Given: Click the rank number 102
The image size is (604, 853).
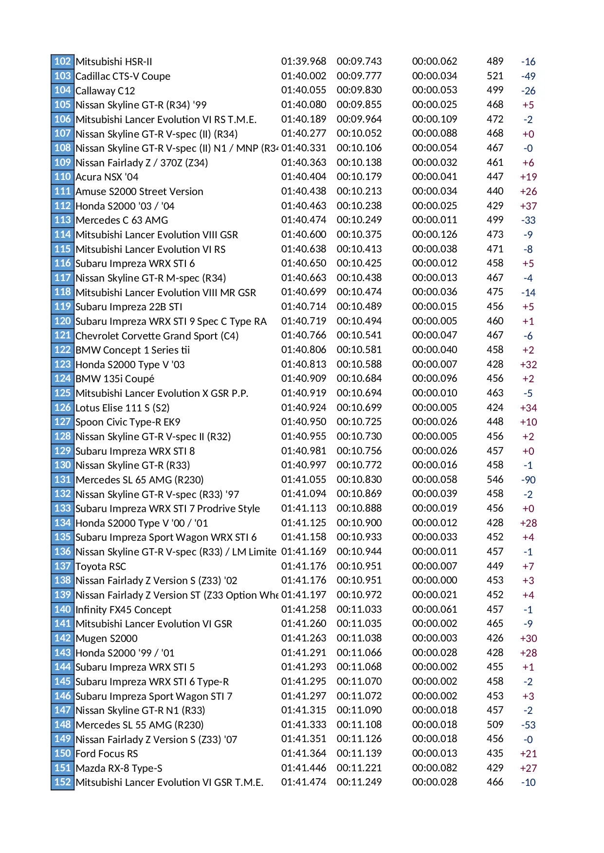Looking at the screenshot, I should coord(62,61).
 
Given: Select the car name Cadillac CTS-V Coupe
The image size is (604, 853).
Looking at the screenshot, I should coord(123,76).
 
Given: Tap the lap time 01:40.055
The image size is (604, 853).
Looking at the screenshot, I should coord(303,90).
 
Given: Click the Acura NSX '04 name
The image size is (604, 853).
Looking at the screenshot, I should coord(107,177).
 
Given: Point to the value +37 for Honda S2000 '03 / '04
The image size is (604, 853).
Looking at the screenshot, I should coord(528,206).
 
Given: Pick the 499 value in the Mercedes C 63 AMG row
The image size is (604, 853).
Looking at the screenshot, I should coord(494,220).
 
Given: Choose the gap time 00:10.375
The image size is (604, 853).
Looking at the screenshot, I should coord(359,234).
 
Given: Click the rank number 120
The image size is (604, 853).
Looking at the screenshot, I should coord(62,321).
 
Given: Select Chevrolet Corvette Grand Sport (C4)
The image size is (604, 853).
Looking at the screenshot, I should coord(157,336).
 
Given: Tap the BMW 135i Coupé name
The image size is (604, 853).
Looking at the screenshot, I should coord(115,379).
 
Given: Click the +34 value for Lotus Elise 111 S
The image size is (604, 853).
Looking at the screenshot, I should coord(528,408).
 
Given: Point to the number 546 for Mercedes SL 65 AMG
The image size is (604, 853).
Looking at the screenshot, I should coord(494,480).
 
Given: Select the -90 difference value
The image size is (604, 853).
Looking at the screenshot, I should coord(528,480).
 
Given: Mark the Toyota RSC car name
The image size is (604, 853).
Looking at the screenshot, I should coord(101,567).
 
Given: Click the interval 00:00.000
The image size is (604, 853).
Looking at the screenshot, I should coord(434,580).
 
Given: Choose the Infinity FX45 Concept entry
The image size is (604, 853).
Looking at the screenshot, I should coord(123,610).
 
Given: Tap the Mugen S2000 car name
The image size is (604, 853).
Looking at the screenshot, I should coord(106,639).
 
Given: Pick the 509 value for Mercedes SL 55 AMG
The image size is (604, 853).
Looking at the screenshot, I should coord(494,725).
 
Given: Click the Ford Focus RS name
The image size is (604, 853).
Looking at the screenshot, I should coord(107,754).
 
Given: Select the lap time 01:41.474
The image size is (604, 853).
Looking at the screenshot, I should coord(303,782).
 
